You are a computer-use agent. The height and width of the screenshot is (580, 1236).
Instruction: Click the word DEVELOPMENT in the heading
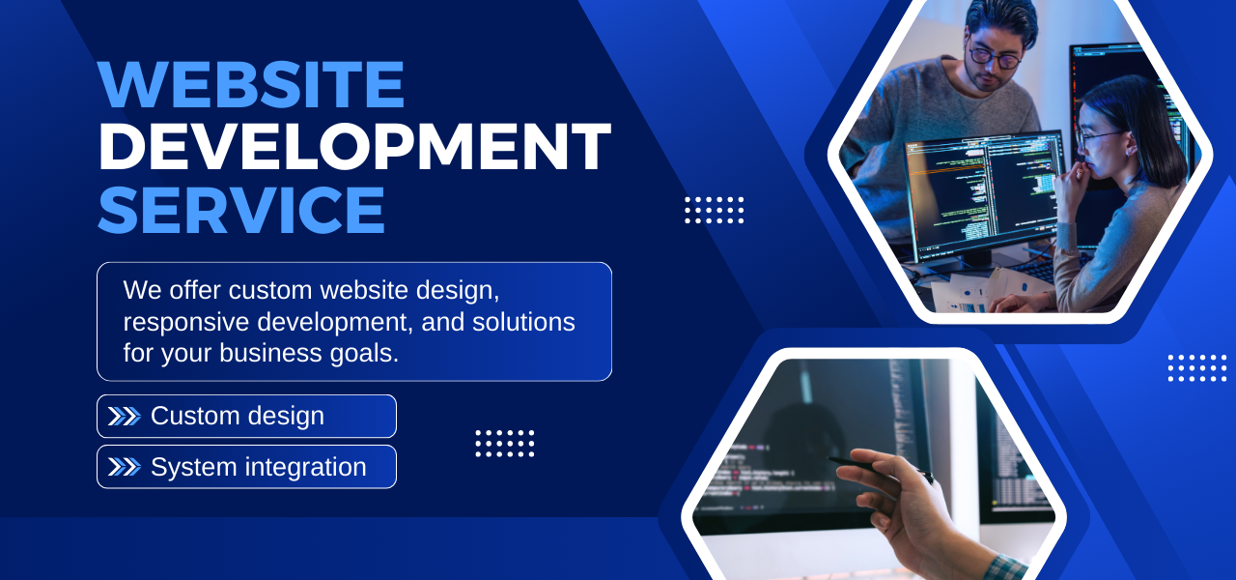click(x=354, y=147)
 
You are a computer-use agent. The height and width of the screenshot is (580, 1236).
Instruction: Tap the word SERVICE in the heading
click(x=241, y=210)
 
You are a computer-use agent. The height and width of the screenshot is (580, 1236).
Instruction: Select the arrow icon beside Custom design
click(x=124, y=417)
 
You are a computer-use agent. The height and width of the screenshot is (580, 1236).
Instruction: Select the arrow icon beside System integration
click(x=124, y=467)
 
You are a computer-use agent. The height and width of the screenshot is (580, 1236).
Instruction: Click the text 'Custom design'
click(x=238, y=417)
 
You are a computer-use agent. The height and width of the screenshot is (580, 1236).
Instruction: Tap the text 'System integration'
click(x=259, y=467)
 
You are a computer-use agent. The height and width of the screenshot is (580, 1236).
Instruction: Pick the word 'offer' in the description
click(x=196, y=290)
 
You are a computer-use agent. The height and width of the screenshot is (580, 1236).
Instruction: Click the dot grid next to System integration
click(x=504, y=444)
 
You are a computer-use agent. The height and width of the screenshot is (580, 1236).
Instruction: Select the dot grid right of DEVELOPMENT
click(x=714, y=210)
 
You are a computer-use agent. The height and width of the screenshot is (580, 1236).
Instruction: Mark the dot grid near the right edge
click(x=1196, y=367)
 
